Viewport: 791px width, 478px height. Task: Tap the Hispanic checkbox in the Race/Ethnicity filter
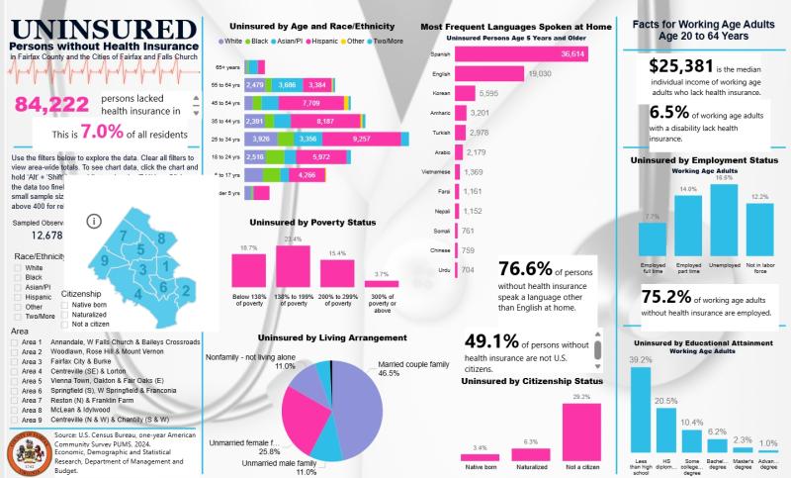click(x=18, y=296)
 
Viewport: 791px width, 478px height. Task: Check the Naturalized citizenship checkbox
click(x=65, y=315)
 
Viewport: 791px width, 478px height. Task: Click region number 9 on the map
click(x=104, y=260)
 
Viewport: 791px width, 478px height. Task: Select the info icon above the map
click(x=95, y=221)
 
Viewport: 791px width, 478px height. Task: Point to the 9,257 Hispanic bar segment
click(x=371, y=139)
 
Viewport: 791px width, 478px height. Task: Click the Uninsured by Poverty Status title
click(x=313, y=223)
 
